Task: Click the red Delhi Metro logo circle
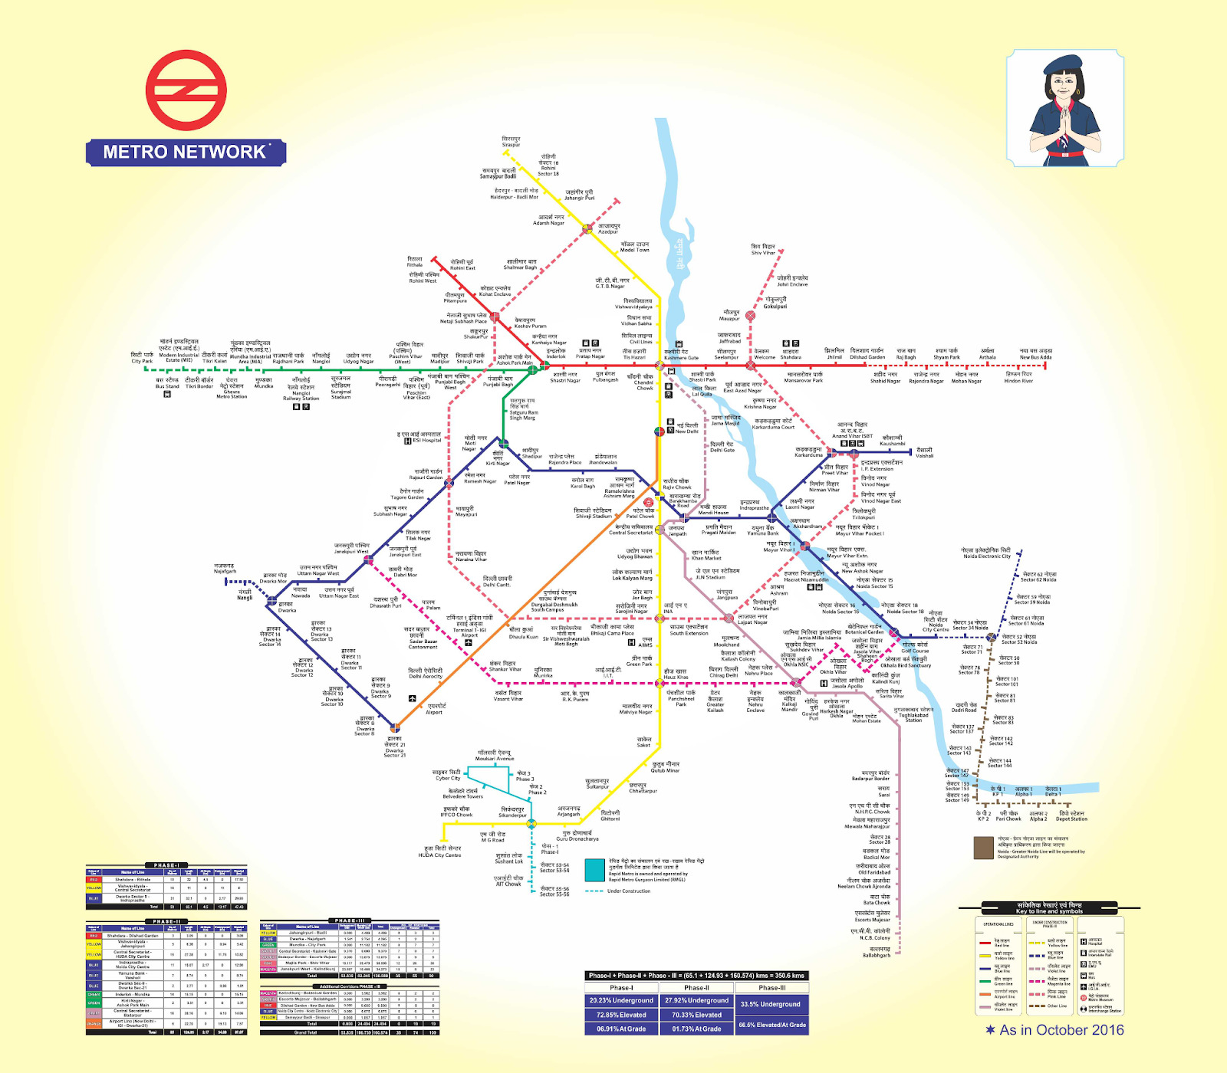pos(186,90)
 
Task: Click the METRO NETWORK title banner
pos(186,152)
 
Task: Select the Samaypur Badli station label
pos(498,173)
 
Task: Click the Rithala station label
pos(415,261)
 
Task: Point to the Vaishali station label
pos(924,453)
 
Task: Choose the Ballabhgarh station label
pos(877,952)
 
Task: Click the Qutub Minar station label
pos(666,767)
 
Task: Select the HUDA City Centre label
pos(439,852)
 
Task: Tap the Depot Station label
pos(1071,816)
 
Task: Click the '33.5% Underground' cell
pos(769,1004)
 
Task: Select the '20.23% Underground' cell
pos(621,1000)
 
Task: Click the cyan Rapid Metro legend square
pos(594,871)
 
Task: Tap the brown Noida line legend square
pos(983,848)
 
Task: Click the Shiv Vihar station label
pos(763,249)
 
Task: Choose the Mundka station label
pos(264,382)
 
